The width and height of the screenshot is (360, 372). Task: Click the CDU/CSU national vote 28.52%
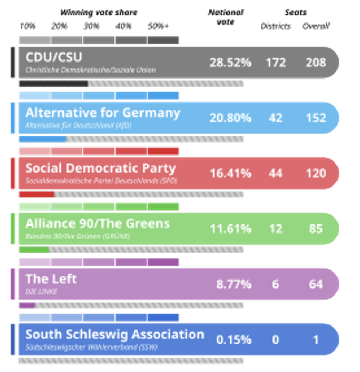(x=230, y=63)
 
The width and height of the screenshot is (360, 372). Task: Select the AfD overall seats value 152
(x=316, y=118)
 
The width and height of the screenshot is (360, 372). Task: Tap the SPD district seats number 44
(x=276, y=173)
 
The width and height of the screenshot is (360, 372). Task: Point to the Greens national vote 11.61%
(x=230, y=229)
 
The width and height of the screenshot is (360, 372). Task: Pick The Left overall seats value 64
(x=316, y=284)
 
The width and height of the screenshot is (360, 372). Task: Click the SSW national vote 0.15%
(x=233, y=339)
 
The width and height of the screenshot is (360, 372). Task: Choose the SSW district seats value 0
(x=276, y=339)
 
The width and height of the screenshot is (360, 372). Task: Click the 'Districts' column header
(x=276, y=26)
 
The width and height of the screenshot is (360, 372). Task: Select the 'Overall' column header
(x=316, y=26)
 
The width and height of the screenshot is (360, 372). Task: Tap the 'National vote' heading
(x=226, y=17)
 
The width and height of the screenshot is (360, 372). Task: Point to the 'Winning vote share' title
(x=98, y=12)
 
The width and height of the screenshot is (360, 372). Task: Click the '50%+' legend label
(x=159, y=26)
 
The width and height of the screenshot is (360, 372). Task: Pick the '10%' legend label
(x=27, y=26)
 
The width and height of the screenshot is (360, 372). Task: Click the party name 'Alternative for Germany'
(x=103, y=113)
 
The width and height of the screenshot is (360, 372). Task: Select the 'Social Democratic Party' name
(x=100, y=168)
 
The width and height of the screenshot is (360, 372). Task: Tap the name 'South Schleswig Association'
(x=114, y=335)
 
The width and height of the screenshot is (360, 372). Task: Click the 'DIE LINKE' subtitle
(x=41, y=292)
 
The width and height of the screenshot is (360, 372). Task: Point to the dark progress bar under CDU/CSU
(x=53, y=84)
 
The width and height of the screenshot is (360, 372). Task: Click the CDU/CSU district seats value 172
(x=276, y=63)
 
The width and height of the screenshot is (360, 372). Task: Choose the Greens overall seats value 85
(x=316, y=229)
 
